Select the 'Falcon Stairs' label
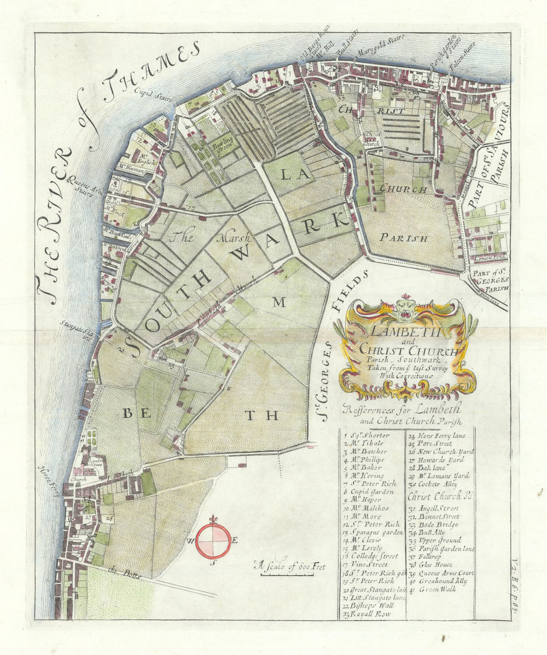(x=463, y=57)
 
